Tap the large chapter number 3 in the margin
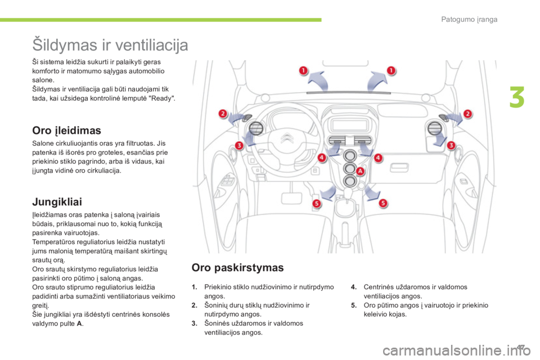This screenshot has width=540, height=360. [x=518, y=97]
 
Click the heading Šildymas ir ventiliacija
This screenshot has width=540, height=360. [x=110, y=44]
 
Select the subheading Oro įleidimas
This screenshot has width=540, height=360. [x=67, y=130]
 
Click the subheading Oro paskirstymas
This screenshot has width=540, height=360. [x=238, y=267]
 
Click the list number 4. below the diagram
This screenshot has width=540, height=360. [x=353, y=286]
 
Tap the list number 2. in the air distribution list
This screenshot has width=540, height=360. [x=193, y=305]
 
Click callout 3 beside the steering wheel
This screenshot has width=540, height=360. [x=238, y=146]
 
